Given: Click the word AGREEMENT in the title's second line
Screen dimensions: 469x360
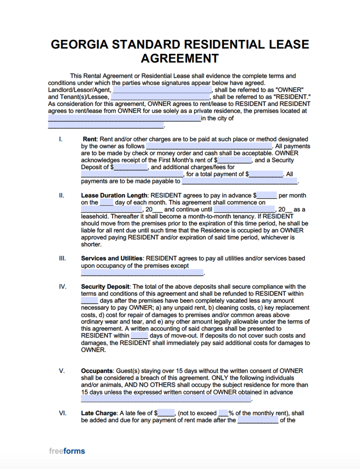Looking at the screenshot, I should [180, 59].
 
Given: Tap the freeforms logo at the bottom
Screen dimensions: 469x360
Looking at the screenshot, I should [67, 451].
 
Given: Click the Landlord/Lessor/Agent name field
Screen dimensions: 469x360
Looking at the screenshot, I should [162, 90].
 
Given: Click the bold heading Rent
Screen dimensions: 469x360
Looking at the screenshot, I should [90, 139].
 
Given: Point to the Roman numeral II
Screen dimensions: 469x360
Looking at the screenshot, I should [61, 195].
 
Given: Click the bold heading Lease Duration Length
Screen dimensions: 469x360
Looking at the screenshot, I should [114, 195].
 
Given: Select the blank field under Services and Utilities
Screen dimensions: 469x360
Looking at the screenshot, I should [142, 273].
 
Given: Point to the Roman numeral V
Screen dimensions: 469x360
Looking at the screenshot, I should [61, 371].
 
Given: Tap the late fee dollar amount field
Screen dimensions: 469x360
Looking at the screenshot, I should [166, 413].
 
